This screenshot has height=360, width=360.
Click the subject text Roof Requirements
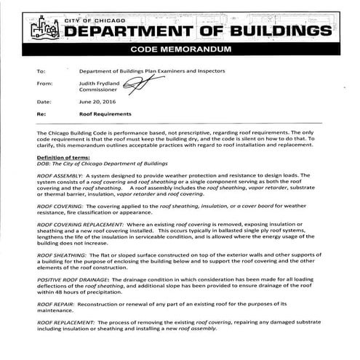(x=105, y=114)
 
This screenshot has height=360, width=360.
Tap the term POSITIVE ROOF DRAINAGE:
(x=73, y=281)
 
